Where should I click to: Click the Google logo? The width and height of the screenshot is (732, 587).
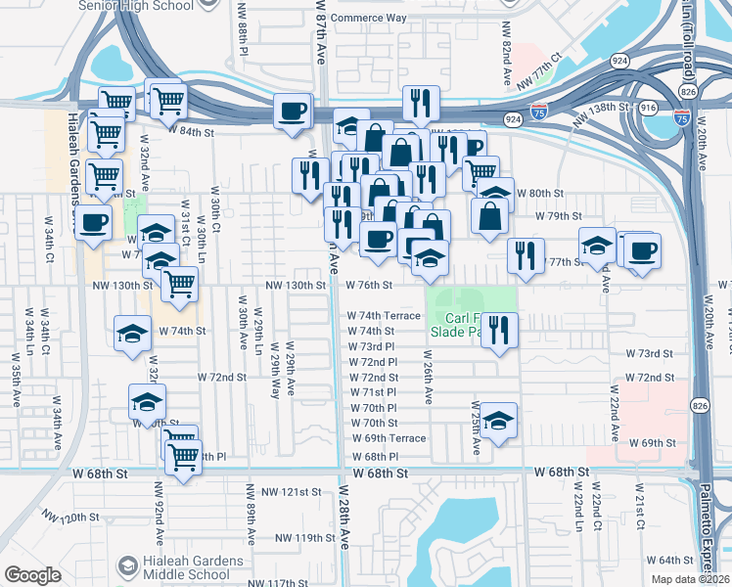tap(32, 575)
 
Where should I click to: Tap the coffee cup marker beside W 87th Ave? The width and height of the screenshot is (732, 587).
tap(292, 112)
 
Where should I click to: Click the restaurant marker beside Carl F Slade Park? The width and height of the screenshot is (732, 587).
tap(499, 330)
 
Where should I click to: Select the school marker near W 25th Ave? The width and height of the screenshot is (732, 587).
tap(499, 420)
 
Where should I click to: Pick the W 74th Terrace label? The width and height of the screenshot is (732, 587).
tap(385, 316)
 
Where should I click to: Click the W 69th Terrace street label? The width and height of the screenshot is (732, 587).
tap(389, 438)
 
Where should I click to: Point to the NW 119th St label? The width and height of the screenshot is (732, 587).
tap(304, 538)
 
